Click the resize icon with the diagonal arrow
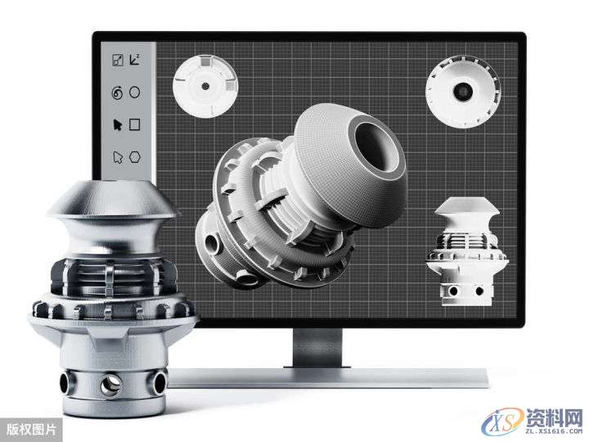118,60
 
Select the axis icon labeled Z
134,60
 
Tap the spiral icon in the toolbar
117,92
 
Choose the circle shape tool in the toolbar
134,92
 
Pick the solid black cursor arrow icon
118,124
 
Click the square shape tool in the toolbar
134,124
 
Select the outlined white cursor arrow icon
118,157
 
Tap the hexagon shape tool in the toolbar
135,156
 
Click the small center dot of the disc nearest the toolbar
205,86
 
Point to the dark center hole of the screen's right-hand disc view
463,91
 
